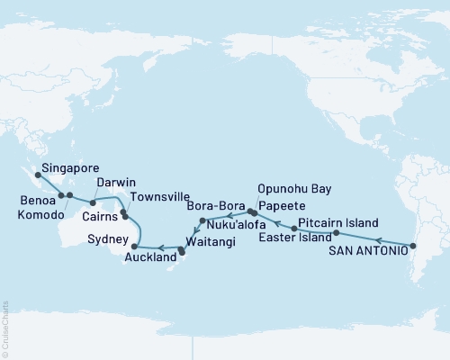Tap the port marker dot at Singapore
[x=37, y=175]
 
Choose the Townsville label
[x=157, y=196]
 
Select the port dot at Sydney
[x=134, y=246]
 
